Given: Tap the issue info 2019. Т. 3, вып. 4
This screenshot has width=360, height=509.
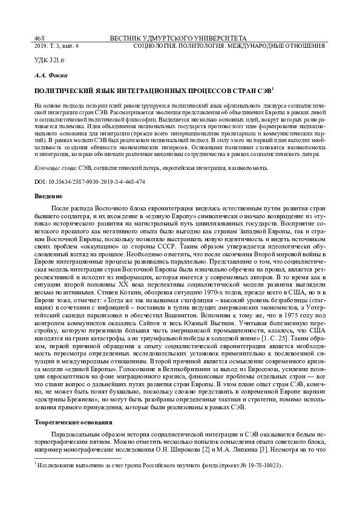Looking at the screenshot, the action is tap(53, 45).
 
